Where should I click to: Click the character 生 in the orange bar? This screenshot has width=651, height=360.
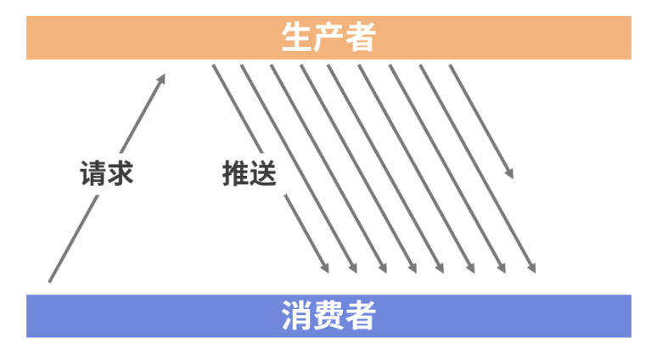click(x=296, y=37)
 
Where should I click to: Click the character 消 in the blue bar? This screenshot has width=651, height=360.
click(x=296, y=316)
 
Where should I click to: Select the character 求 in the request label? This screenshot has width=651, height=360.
click(x=120, y=174)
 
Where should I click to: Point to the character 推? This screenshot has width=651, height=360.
click(x=235, y=174)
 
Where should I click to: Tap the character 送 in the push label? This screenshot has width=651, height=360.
click(x=262, y=174)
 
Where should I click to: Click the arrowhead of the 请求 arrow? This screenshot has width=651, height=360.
click(x=164, y=76)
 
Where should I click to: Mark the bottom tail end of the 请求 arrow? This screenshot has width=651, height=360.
click(x=50, y=281)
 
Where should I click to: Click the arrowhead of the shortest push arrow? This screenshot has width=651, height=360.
click(x=511, y=176)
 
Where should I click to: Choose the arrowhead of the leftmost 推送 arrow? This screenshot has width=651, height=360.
click(x=328, y=272)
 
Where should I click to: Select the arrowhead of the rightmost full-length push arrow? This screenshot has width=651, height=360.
click(x=534, y=272)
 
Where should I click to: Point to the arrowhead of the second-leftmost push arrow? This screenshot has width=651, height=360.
click(x=356, y=272)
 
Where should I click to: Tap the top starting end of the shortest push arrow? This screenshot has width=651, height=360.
click(x=449, y=65)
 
